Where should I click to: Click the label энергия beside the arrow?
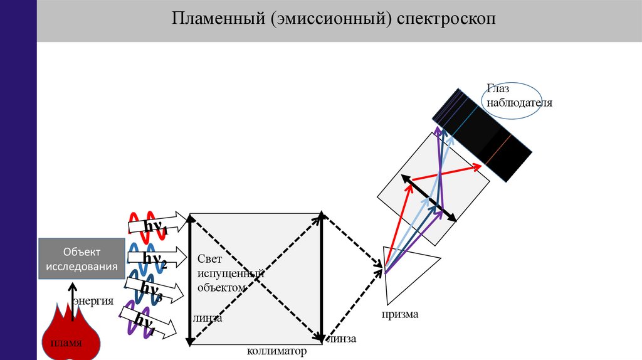pyautogui.click(x=93, y=301)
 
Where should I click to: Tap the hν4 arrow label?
pyautogui.click(x=145, y=322)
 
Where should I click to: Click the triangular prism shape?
pyautogui.click(x=404, y=273)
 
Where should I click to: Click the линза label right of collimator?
pyautogui.click(x=342, y=339)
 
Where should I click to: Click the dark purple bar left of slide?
pyautogui.click(x=18, y=180)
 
